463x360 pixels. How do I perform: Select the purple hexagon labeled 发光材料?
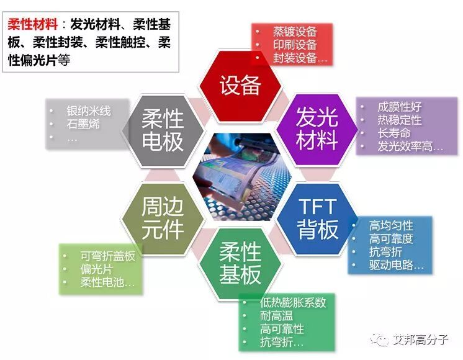point(316,128)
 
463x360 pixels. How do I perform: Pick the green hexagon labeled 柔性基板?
point(240,263)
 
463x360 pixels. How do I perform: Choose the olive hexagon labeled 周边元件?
point(163,218)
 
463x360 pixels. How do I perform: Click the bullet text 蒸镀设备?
point(295,31)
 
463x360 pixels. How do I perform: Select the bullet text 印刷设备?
point(295,45)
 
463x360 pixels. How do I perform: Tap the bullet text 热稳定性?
point(399,120)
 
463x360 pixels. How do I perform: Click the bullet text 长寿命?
point(393,133)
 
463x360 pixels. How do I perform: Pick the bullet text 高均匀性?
point(391,225)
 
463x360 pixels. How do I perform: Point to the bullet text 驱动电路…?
point(397,266)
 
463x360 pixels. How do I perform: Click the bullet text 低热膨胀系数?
point(293,302)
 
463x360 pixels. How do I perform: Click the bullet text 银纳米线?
point(88,110)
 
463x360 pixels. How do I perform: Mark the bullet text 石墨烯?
point(83,124)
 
